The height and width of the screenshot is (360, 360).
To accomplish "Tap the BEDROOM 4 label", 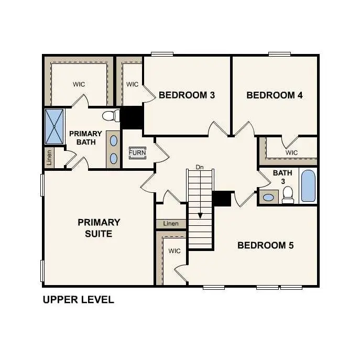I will (275, 95).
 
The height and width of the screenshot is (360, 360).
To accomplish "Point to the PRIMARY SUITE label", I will (99, 228).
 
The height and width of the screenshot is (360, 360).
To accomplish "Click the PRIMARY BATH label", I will (85, 138).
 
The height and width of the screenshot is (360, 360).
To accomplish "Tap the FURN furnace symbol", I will (137, 153).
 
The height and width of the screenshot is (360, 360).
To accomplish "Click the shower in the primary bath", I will (54, 126).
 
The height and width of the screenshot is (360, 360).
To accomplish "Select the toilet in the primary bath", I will (109, 115).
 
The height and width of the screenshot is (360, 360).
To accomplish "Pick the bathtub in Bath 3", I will (308, 186).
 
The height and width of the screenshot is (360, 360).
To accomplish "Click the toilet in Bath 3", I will (287, 195).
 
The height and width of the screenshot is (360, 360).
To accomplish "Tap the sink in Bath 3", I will (268, 198).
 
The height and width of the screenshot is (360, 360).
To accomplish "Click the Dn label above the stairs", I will (199, 167).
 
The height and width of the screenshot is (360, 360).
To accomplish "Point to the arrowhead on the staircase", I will (200, 215).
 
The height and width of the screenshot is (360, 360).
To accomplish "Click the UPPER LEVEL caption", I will (78, 300).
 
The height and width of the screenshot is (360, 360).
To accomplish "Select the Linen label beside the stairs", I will (171, 224).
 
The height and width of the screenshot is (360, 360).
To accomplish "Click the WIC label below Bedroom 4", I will (292, 152).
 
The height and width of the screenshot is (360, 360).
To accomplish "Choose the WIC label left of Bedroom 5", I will (174, 251).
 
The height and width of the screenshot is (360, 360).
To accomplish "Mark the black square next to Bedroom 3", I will (132, 117).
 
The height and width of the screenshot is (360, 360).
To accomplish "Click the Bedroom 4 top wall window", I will (280, 53).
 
